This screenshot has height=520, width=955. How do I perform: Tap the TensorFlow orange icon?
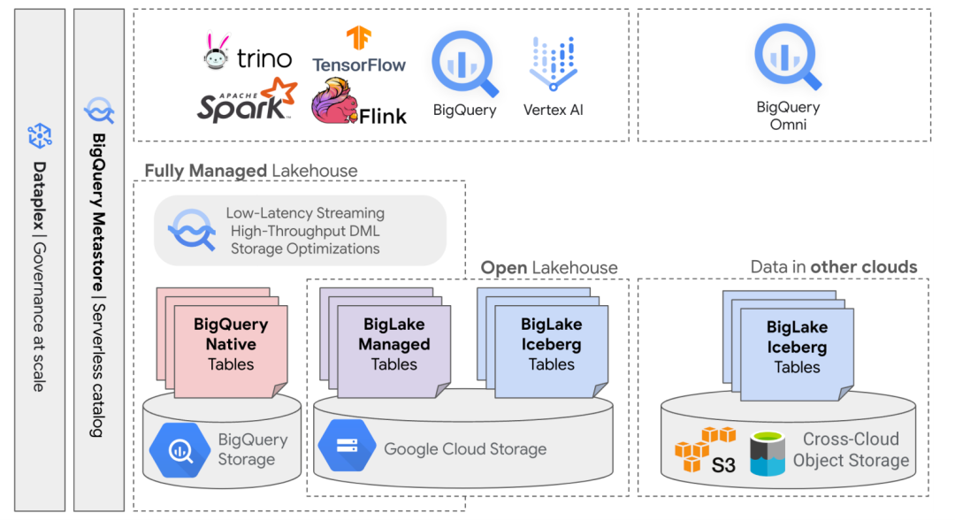[x=359, y=38]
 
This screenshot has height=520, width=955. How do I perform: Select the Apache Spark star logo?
[x=279, y=92]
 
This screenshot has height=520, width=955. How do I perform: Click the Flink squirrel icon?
[x=335, y=100]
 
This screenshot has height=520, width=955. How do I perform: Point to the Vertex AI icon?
[x=554, y=64]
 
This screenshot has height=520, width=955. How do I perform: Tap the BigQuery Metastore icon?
[x=99, y=111]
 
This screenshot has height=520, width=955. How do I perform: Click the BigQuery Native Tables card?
[x=231, y=346]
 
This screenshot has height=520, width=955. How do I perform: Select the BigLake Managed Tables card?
[x=394, y=345]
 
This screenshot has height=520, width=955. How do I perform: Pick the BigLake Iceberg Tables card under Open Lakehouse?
[x=551, y=345]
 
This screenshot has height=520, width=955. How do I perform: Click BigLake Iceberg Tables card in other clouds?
[x=797, y=348]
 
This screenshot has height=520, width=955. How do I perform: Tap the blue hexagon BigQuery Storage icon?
[x=180, y=450]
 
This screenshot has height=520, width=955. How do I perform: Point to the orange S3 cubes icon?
[x=705, y=447]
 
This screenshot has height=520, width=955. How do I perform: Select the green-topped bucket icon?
[x=767, y=453]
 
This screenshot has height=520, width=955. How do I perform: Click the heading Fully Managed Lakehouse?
[x=251, y=171]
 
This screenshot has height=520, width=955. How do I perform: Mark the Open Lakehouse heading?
[x=549, y=267]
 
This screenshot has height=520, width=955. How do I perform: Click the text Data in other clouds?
[x=834, y=267]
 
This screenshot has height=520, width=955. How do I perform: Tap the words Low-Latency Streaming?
[x=305, y=213]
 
